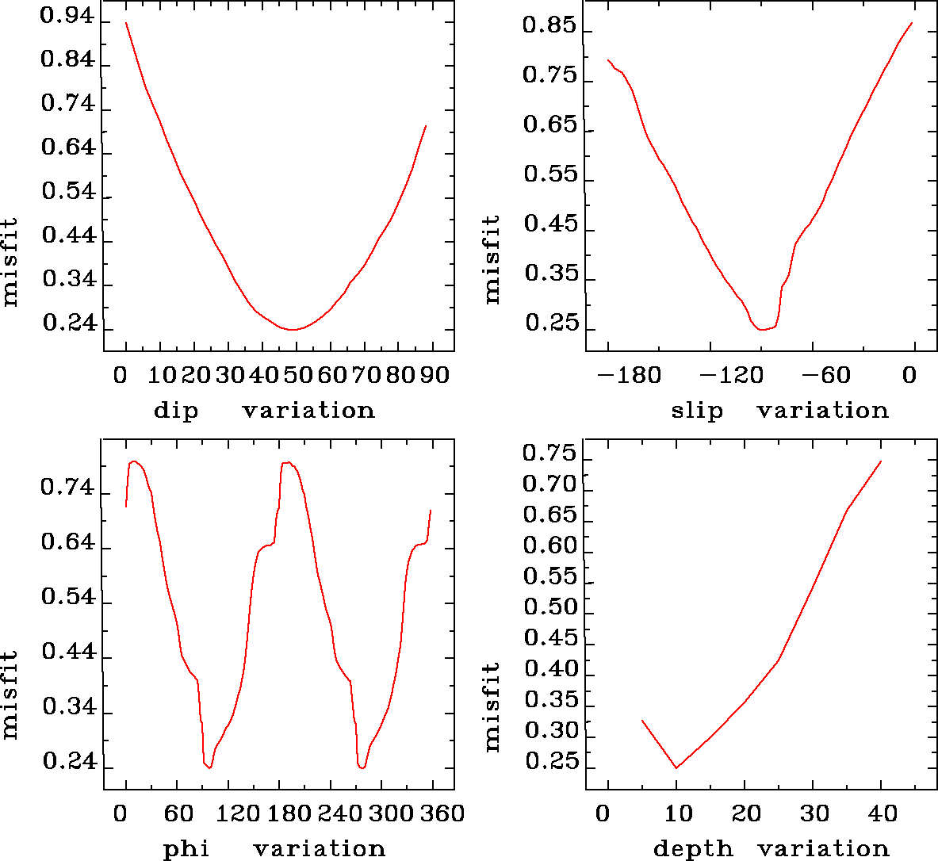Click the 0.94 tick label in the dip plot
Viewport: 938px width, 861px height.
tap(67, 17)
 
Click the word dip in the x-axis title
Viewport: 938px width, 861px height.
tap(175, 411)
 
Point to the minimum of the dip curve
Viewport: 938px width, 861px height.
tap(293, 329)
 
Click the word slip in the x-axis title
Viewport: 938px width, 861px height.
tap(697, 411)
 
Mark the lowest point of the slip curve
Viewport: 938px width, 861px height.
tap(762, 329)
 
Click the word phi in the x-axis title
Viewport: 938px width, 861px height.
tap(186, 849)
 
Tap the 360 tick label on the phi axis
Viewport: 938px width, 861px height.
tap(441, 813)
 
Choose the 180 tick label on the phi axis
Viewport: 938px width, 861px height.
tap(289, 813)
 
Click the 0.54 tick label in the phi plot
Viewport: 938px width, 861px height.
tap(67, 598)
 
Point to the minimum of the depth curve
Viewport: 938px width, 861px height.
tap(676, 767)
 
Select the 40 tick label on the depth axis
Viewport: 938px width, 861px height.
tap(882, 813)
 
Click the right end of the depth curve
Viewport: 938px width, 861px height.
tap(881, 461)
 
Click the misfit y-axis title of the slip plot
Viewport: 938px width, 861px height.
tap(492, 259)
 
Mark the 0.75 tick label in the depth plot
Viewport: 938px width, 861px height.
tap(549, 454)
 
